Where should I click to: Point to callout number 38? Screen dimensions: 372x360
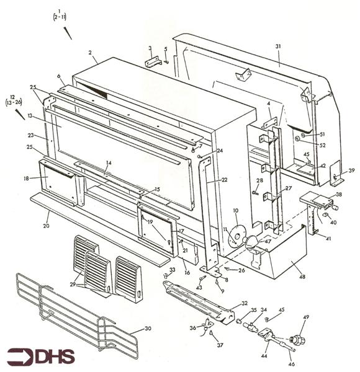coord(338,194)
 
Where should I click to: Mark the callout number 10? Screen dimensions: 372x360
coord(235,211)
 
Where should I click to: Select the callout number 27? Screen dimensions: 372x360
coord(288,188)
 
